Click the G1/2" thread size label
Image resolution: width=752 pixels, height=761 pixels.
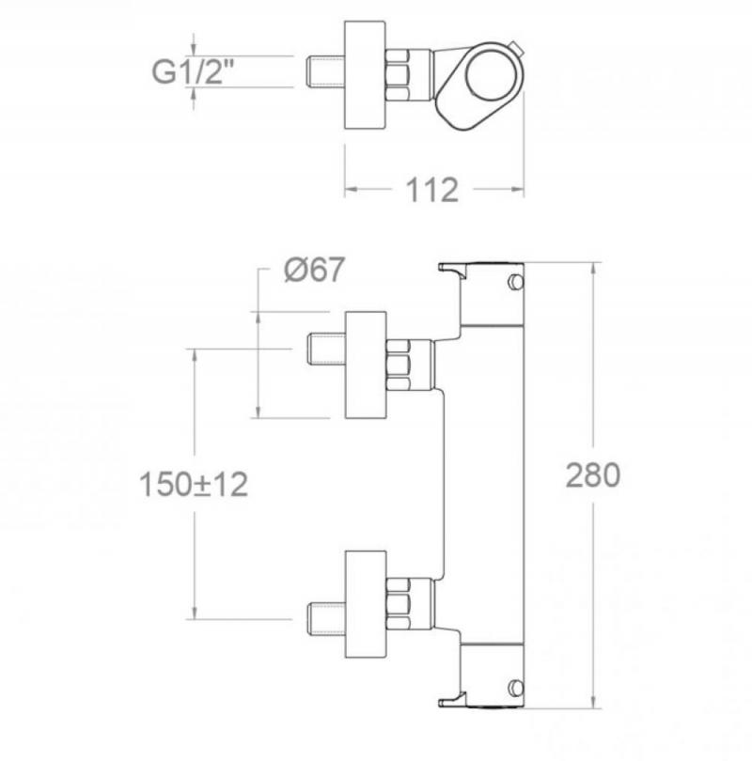(193, 71)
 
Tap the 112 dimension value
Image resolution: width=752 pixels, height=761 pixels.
(432, 190)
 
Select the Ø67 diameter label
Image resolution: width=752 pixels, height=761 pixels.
(314, 270)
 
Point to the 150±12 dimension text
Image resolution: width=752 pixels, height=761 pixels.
(194, 484)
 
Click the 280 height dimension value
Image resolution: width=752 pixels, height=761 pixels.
(593, 475)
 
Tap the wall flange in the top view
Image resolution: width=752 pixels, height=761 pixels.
(365, 75)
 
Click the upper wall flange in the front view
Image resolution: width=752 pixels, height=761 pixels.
(366, 365)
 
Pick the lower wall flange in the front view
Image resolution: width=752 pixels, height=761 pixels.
(366, 605)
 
